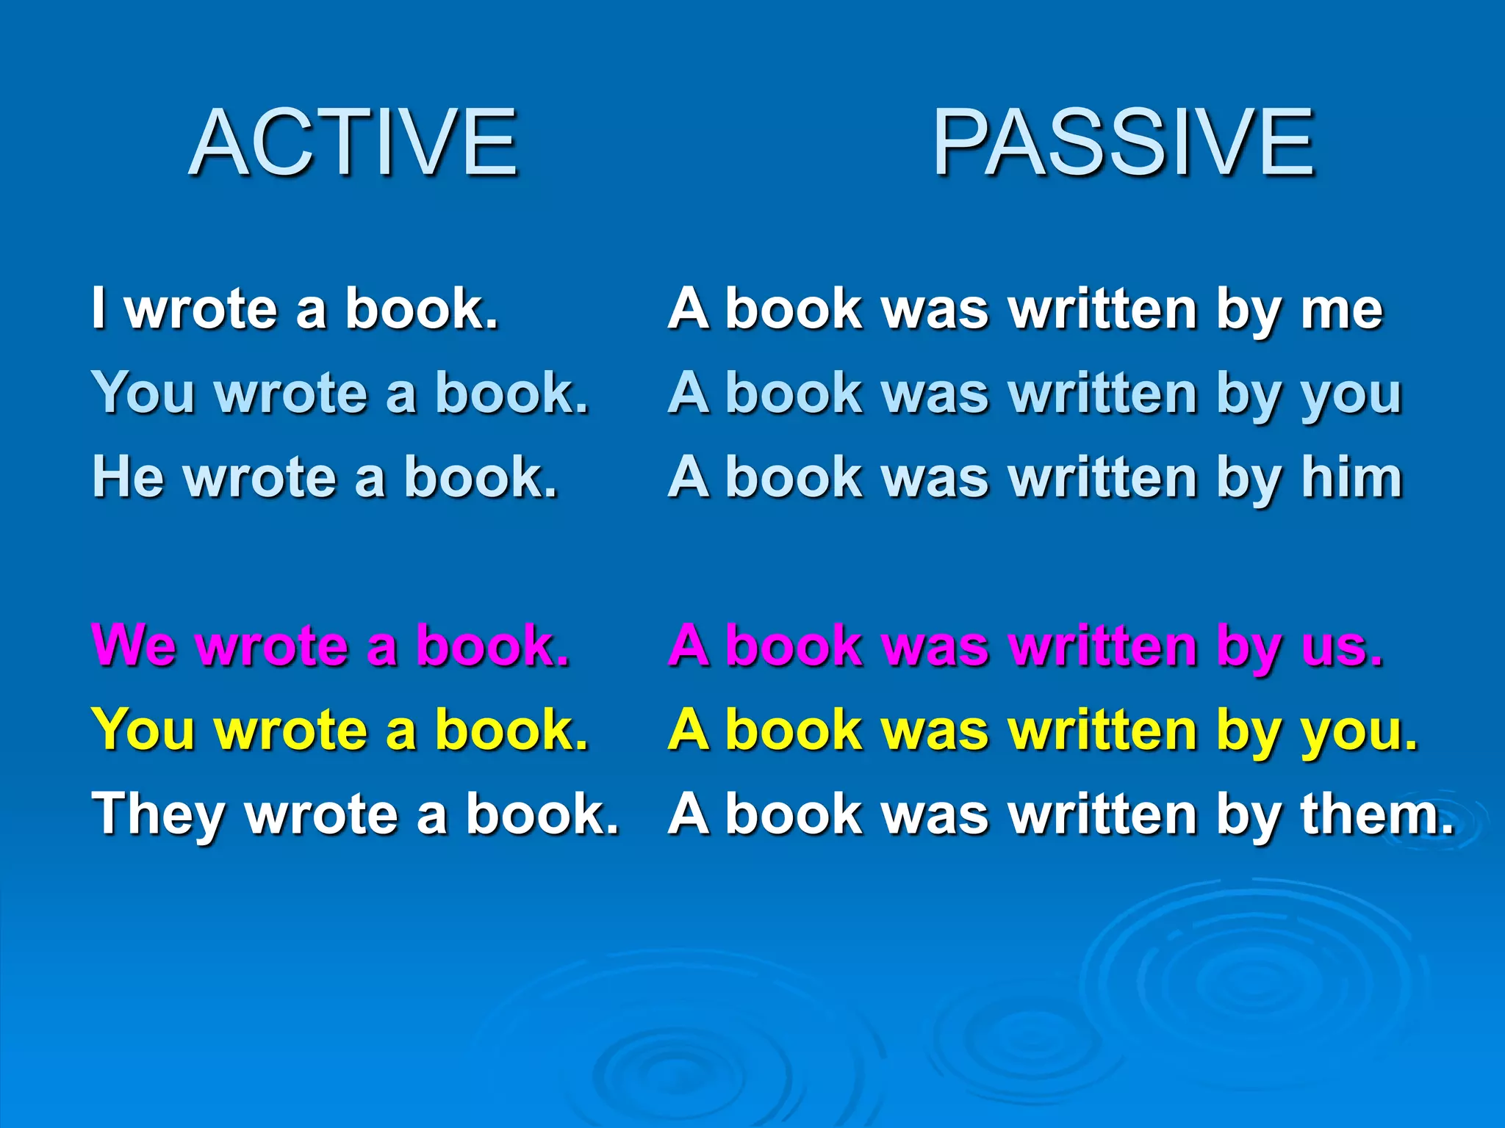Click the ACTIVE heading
coord(353,142)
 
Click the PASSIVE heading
coord(1124,142)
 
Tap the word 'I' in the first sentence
coord(98,308)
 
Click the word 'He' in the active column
coord(128,477)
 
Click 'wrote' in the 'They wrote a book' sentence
coord(321,814)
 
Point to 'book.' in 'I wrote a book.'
coord(422,308)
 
